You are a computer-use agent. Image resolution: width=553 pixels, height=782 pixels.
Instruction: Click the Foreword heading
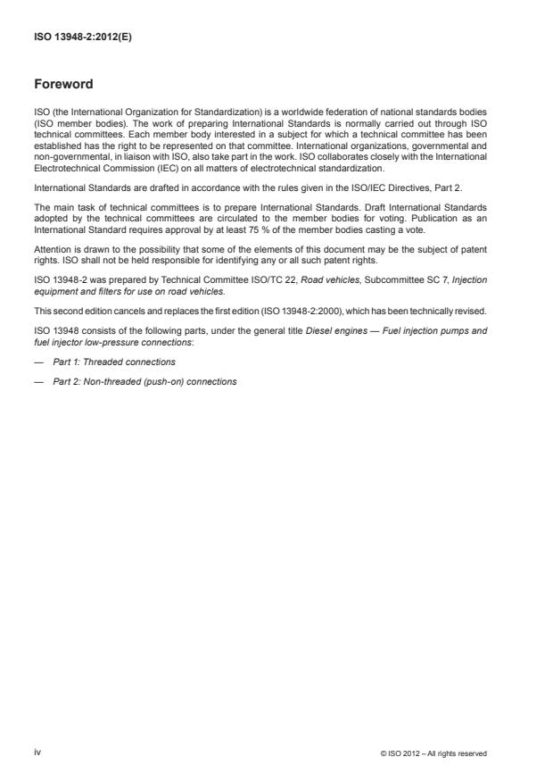pos(62,85)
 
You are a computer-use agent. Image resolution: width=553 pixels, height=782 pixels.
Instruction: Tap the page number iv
pos(38,753)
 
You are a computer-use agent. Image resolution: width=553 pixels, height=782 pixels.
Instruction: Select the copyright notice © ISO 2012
pos(433,753)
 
